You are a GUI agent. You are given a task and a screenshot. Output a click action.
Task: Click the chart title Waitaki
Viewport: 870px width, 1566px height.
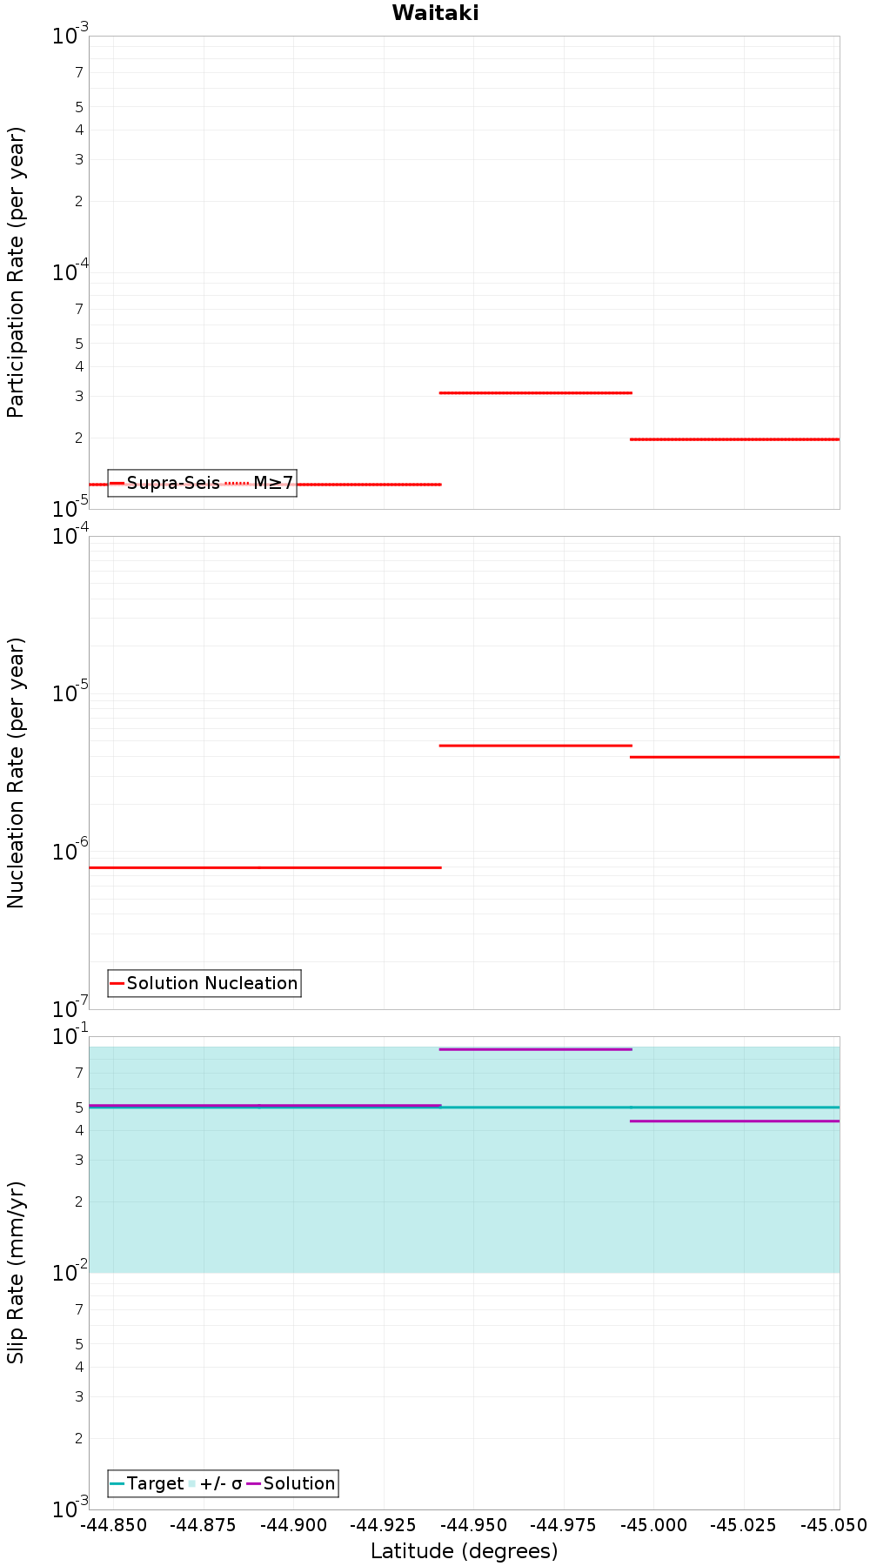[x=435, y=13]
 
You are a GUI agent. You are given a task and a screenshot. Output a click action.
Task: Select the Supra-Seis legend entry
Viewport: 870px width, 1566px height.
[x=165, y=483]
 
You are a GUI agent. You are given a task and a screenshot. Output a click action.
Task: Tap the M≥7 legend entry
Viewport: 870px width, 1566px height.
[x=259, y=483]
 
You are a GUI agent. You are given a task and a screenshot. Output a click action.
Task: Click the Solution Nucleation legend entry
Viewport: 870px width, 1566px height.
[x=204, y=983]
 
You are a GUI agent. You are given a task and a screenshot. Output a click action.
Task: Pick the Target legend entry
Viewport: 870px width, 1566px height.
[x=147, y=1483]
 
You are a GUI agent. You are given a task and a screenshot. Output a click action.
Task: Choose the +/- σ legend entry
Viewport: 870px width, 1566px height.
[x=215, y=1483]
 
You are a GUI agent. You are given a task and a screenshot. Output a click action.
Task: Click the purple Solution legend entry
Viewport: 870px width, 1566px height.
[x=291, y=1483]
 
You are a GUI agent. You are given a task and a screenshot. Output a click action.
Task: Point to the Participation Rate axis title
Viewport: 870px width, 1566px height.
[x=16, y=272]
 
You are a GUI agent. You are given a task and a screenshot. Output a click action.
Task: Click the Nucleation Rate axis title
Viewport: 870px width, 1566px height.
[x=16, y=773]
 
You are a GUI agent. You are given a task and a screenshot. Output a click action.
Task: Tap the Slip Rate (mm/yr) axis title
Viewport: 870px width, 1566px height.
[x=16, y=1273]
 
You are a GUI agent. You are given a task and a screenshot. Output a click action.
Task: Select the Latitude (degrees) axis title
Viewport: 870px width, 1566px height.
[x=464, y=1551]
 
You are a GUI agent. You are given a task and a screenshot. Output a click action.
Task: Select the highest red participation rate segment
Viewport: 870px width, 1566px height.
[x=536, y=393]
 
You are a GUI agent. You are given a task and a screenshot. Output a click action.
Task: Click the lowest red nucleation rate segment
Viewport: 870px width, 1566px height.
[x=265, y=867]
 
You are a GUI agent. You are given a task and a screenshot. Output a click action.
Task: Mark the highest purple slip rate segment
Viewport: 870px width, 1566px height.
[x=536, y=1049]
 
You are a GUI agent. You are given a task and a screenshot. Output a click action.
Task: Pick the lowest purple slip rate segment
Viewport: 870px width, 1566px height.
[x=735, y=1121]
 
